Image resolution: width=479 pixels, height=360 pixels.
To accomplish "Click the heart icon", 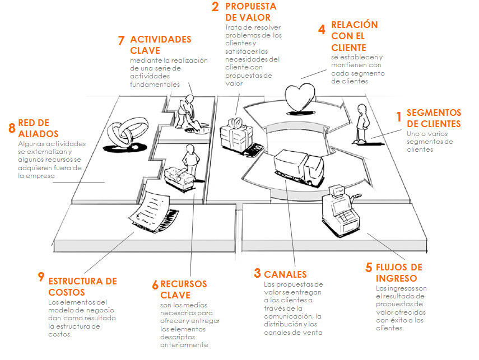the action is coord(299,98).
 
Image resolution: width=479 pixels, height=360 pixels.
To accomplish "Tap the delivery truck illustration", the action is coord(299,167).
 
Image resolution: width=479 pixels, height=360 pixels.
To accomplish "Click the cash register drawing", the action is coord(340,209).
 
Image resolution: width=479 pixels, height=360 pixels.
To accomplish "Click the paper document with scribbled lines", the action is coord(151,211).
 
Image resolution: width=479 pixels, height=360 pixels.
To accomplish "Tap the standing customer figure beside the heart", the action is coord(362,124).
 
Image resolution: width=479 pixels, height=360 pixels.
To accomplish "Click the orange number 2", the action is coord(215,7).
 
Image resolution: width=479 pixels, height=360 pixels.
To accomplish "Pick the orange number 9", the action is coord(41,277).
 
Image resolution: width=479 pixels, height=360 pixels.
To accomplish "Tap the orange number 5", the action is coord(369,268).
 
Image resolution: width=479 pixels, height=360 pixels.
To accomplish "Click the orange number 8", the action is coord(12,128).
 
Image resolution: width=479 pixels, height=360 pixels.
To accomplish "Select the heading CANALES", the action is coord(285,274).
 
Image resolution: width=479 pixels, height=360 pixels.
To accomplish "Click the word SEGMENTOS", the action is coord(434,113).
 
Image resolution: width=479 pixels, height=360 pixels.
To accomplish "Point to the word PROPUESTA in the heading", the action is coord(251,6).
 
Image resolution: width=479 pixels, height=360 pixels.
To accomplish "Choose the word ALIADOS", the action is coord(38,134).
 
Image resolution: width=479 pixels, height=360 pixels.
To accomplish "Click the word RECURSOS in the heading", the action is coord(184,284).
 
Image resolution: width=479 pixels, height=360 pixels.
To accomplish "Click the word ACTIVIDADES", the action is coord(161,39).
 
